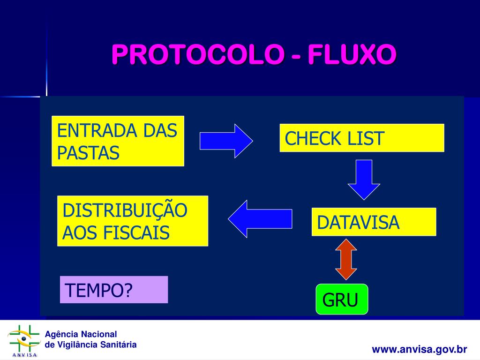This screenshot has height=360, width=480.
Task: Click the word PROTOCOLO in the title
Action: point(197,55)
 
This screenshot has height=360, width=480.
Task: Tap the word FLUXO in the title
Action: point(352,55)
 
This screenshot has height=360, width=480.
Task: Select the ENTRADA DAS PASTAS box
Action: point(118,141)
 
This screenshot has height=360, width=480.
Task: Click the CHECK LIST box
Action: point(361,138)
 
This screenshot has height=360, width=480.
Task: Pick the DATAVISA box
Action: point(374,222)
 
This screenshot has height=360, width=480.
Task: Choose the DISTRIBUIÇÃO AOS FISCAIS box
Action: point(132,221)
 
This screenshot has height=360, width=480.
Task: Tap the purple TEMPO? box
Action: point(114,290)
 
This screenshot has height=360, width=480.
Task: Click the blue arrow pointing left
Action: point(260,218)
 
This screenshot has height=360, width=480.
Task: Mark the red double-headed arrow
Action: point(346,259)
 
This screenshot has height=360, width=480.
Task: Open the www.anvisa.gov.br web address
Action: point(420,349)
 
